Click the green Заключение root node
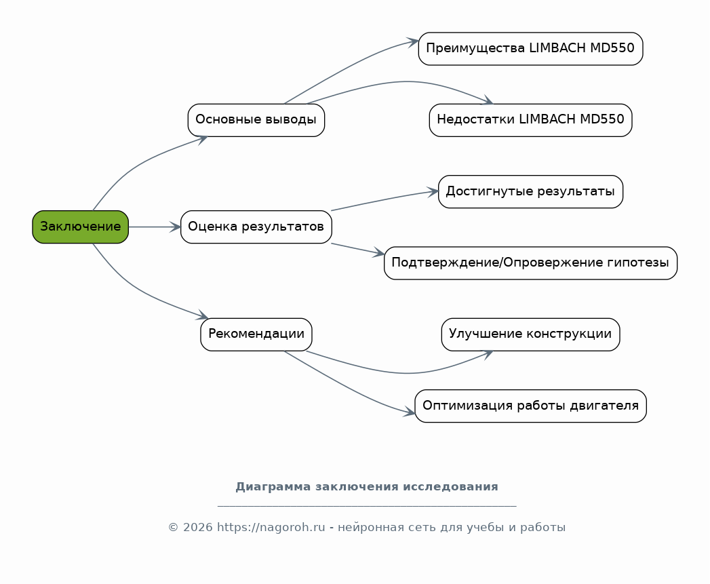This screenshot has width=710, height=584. (x=80, y=227)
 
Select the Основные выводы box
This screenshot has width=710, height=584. (x=256, y=120)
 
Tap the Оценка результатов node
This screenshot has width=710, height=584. (x=256, y=227)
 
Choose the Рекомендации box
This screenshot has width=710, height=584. (x=256, y=334)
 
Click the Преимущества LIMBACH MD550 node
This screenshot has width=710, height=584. (x=530, y=49)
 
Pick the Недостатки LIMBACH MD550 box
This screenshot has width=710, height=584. (x=530, y=120)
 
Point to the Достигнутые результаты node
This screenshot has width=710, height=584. (x=530, y=191)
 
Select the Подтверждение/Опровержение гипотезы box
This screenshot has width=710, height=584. (x=530, y=262)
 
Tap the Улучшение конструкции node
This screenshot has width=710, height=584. (x=530, y=334)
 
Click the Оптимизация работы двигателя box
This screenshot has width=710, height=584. (x=530, y=406)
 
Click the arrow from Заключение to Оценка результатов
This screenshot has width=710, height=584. (x=155, y=227)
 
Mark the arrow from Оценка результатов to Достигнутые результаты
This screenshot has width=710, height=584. (x=383, y=200)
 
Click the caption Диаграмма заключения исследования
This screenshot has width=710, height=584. (x=366, y=487)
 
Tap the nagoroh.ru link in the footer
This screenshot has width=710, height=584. (x=271, y=528)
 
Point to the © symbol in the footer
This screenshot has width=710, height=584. (x=173, y=528)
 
